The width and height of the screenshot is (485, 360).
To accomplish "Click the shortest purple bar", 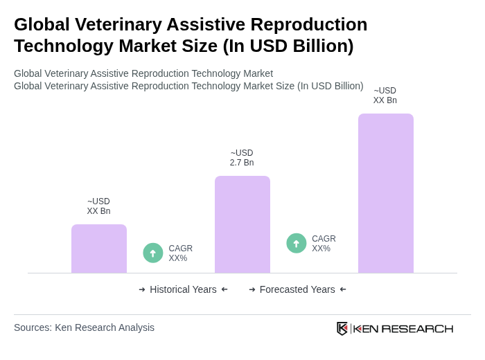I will [99, 249].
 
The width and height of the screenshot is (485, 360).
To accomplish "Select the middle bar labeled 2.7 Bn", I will [242, 224].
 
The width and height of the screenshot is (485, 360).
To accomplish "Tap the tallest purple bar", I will [385, 193].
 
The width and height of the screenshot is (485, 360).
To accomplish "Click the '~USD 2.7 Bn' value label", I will [242, 158].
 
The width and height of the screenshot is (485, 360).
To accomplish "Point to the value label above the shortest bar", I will [98, 206].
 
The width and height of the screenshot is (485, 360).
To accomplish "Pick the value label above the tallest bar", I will [385, 96].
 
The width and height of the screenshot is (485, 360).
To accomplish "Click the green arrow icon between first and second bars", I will [153, 253].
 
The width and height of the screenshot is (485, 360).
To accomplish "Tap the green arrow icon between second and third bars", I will [297, 243].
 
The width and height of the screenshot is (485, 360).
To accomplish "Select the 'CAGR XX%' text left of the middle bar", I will [180, 253].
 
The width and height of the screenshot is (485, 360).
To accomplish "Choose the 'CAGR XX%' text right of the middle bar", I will [324, 244].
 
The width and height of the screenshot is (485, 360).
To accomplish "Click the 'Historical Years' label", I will [183, 289].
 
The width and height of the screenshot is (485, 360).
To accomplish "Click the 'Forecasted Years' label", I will [297, 289].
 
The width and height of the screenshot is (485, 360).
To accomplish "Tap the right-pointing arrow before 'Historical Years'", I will [142, 289].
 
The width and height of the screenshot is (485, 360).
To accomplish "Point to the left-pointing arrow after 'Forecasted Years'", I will [343, 289].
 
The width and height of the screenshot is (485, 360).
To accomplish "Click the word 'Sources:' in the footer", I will [33, 327].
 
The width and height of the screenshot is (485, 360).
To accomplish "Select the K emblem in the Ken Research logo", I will [342, 328].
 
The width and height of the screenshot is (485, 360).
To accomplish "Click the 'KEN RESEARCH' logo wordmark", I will [403, 328].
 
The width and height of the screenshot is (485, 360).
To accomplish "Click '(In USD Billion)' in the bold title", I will [288, 46].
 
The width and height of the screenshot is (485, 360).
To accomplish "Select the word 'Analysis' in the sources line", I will [135, 327].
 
